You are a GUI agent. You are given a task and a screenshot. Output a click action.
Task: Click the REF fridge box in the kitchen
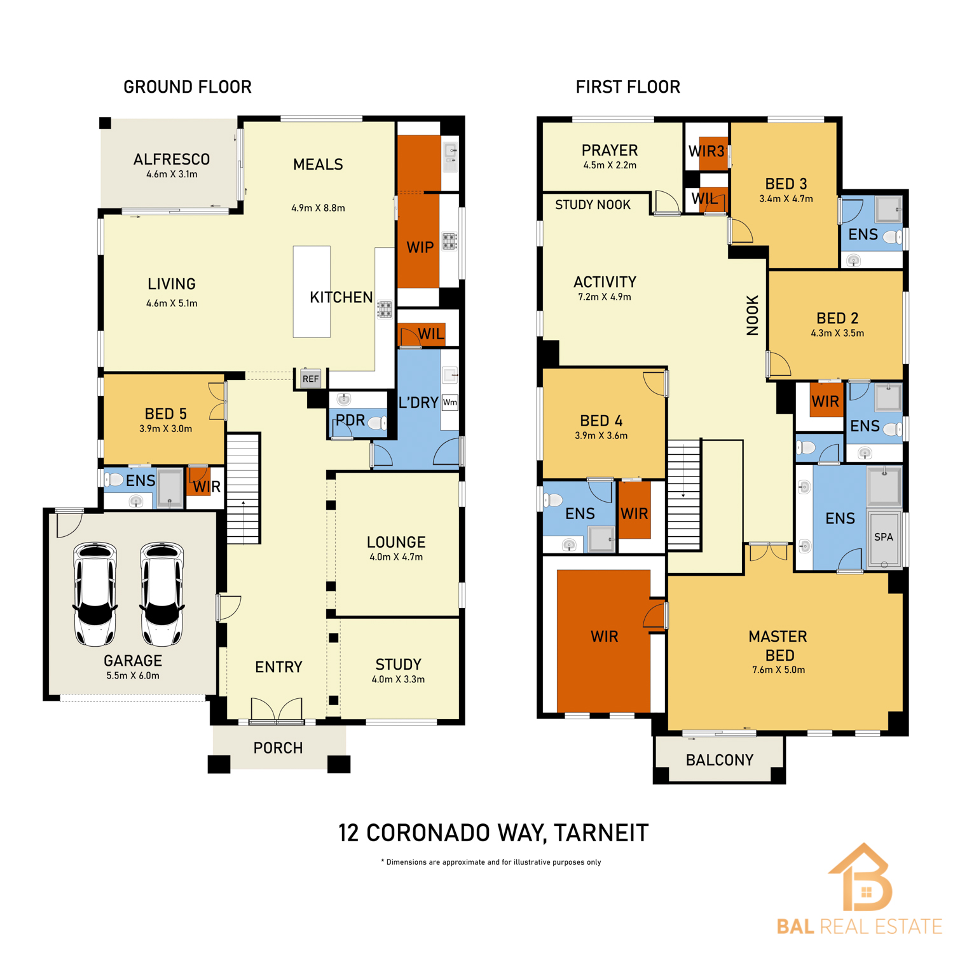[310, 379]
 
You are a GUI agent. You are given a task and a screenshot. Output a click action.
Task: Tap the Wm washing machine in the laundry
[449, 402]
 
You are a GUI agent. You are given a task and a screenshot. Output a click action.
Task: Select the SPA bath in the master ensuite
[884, 537]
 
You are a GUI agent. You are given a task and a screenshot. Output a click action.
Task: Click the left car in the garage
[95, 593]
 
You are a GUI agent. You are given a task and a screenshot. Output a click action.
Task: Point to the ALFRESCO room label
[172, 159]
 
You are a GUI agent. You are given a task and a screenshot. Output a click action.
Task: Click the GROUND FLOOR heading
[188, 87]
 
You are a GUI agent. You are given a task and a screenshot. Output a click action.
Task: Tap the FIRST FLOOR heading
[628, 87]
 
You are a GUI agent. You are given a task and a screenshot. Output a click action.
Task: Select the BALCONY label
[720, 760]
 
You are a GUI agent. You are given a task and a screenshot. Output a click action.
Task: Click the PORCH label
[278, 748]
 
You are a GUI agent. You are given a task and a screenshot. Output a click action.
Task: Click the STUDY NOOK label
[593, 205]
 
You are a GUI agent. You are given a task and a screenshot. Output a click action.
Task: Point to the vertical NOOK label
[753, 315]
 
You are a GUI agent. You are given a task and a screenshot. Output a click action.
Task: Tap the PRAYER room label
[610, 151]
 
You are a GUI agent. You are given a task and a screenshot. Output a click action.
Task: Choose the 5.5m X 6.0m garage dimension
[133, 675]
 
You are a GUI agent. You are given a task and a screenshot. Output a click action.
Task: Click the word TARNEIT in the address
[601, 833]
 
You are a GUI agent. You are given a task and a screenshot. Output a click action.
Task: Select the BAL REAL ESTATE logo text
[859, 926]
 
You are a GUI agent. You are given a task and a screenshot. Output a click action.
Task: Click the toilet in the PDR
[377, 422]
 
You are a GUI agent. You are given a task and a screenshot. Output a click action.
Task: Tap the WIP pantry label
[420, 248]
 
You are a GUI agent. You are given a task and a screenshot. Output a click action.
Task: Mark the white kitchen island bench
[312, 292]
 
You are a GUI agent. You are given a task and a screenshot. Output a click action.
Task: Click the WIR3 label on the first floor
[706, 151]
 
